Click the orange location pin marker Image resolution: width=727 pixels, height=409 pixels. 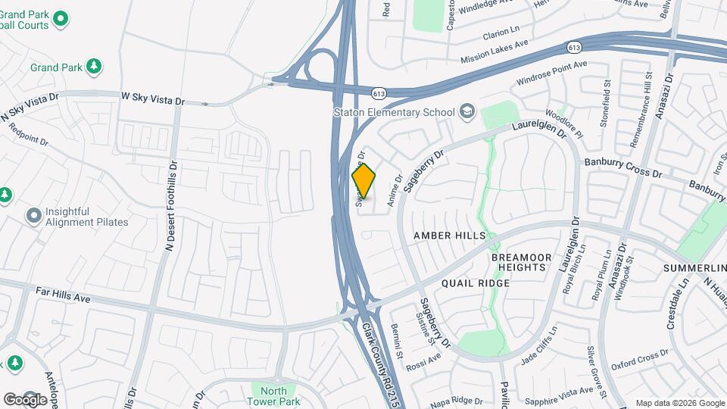(363, 182)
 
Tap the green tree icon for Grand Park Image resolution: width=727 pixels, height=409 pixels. (94, 67)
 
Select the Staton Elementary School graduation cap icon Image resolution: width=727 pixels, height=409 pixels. (466, 112)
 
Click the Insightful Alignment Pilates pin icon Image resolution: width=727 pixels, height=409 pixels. (33, 217)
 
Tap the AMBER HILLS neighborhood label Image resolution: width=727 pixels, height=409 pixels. (449, 236)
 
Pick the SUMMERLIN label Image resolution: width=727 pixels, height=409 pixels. (694, 269)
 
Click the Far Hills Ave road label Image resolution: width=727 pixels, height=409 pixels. (63, 295)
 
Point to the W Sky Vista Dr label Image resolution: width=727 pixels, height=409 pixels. (153, 99)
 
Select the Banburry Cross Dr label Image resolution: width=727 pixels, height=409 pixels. (622, 168)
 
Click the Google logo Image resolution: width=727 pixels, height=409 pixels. (25, 399)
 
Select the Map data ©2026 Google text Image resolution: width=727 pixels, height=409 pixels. (679, 403)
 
